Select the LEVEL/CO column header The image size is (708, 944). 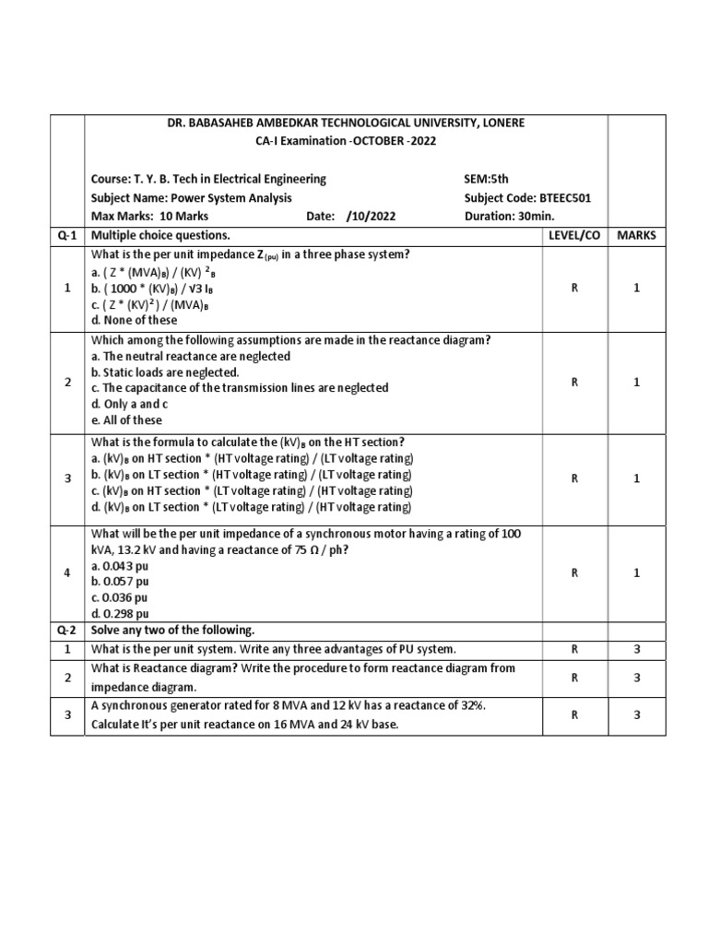pyautogui.click(x=573, y=235)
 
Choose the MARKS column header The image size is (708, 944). pyautogui.click(x=636, y=235)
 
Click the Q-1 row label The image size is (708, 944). pyautogui.click(x=67, y=235)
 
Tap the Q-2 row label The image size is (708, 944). pyautogui.click(x=67, y=630)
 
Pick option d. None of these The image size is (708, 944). pyautogui.click(x=134, y=320)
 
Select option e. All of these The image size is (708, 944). pyautogui.click(x=128, y=420)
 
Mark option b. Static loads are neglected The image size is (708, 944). pyautogui.click(x=165, y=372)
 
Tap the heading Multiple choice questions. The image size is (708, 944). pyautogui.click(x=160, y=235)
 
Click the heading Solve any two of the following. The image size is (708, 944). pyautogui.click(x=172, y=630)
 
